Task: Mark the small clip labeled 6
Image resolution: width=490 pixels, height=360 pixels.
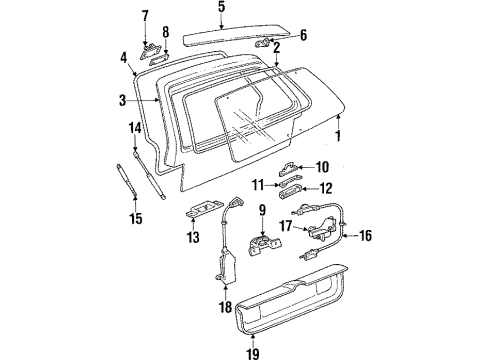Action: (265, 45)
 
